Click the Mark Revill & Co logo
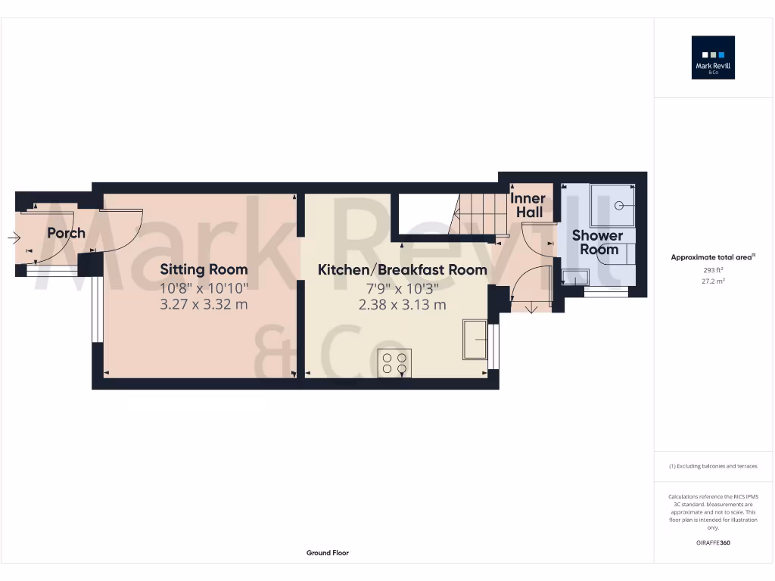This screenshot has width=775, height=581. click(x=713, y=57)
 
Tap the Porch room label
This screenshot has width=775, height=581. click(x=67, y=233)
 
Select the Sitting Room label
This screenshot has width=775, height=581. click(x=204, y=269)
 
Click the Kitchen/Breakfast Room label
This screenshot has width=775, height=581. click(x=402, y=269)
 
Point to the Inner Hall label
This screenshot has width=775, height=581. click(x=529, y=206)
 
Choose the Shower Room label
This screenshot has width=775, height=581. click(x=598, y=242)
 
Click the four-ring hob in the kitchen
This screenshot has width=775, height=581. click(x=394, y=363)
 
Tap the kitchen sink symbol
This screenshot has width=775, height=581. click(x=475, y=339)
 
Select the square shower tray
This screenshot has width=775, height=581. click(x=612, y=204)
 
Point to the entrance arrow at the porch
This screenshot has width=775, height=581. click(x=14, y=238)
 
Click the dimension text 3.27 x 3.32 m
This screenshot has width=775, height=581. click(x=204, y=305)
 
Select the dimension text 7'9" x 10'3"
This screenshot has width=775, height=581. click(x=402, y=287)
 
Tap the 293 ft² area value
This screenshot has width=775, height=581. click(x=713, y=269)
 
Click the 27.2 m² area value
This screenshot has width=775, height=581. click(x=713, y=281)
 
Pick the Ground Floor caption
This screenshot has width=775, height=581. click(x=327, y=553)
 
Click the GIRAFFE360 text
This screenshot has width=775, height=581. click(x=713, y=542)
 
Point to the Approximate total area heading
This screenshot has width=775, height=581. click(x=712, y=257)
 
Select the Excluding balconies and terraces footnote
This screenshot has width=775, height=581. click(x=713, y=466)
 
